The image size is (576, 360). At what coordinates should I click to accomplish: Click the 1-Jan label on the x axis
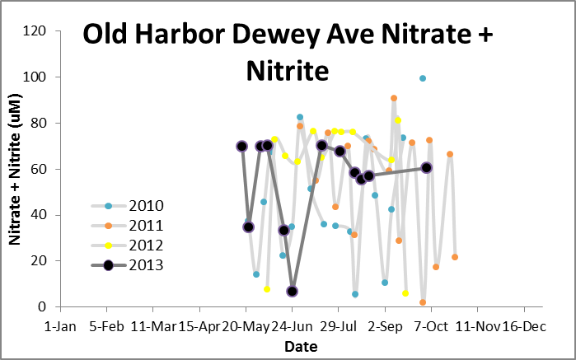tap(59, 326)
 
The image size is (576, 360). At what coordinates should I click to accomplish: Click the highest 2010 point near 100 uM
tap(423, 78)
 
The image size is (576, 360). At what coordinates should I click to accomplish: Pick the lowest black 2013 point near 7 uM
tap(293, 291)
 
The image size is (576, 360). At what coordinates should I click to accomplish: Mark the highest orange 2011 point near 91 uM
tap(394, 98)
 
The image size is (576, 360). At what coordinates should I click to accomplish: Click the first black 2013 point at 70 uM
tap(242, 146)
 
